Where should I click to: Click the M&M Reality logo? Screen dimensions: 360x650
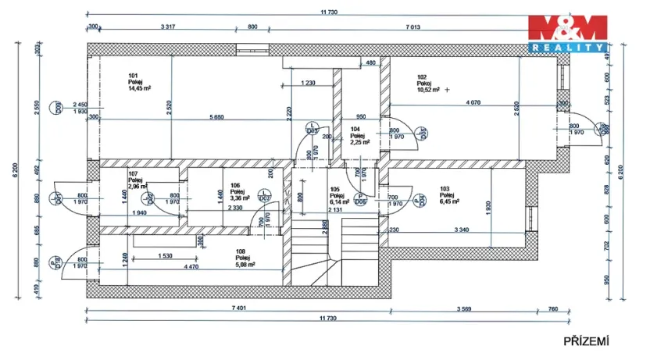click(567, 32)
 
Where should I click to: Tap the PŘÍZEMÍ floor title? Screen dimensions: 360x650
click(586, 340)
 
